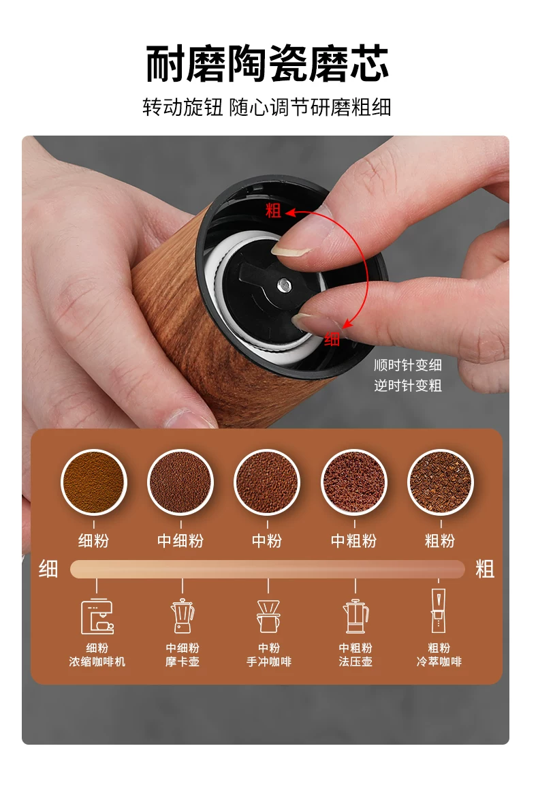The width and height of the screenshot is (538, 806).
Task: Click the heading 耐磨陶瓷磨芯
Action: click(x=267, y=64)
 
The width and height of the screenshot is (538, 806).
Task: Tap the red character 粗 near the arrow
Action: click(x=273, y=211)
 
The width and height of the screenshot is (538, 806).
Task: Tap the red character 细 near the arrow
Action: click(x=332, y=339)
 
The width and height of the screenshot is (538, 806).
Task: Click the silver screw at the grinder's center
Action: click(x=284, y=283)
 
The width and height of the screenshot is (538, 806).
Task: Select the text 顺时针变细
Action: click(x=408, y=365)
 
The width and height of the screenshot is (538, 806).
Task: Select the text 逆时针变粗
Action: click(x=408, y=386)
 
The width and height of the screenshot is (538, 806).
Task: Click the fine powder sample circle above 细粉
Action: click(x=93, y=482)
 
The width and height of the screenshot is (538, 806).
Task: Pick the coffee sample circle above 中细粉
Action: click(x=180, y=482)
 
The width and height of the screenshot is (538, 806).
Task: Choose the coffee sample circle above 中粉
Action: click(x=267, y=482)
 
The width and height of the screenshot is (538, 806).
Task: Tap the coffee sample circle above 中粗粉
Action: click(x=354, y=482)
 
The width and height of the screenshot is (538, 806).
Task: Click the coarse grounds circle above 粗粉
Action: click(x=441, y=482)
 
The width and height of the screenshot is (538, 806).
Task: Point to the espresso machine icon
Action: click(x=97, y=617)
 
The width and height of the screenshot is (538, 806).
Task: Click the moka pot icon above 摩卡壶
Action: click(x=183, y=616)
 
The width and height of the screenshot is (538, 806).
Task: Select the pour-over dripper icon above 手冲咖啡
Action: click(x=268, y=617)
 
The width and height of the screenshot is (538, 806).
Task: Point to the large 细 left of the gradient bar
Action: click(x=48, y=569)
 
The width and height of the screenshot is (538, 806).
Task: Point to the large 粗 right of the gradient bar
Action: click(x=485, y=569)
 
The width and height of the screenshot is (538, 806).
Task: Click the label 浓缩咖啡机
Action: click(x=97, y=662)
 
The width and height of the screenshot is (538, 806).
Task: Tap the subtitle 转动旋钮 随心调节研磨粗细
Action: click(x=267, y=108)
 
